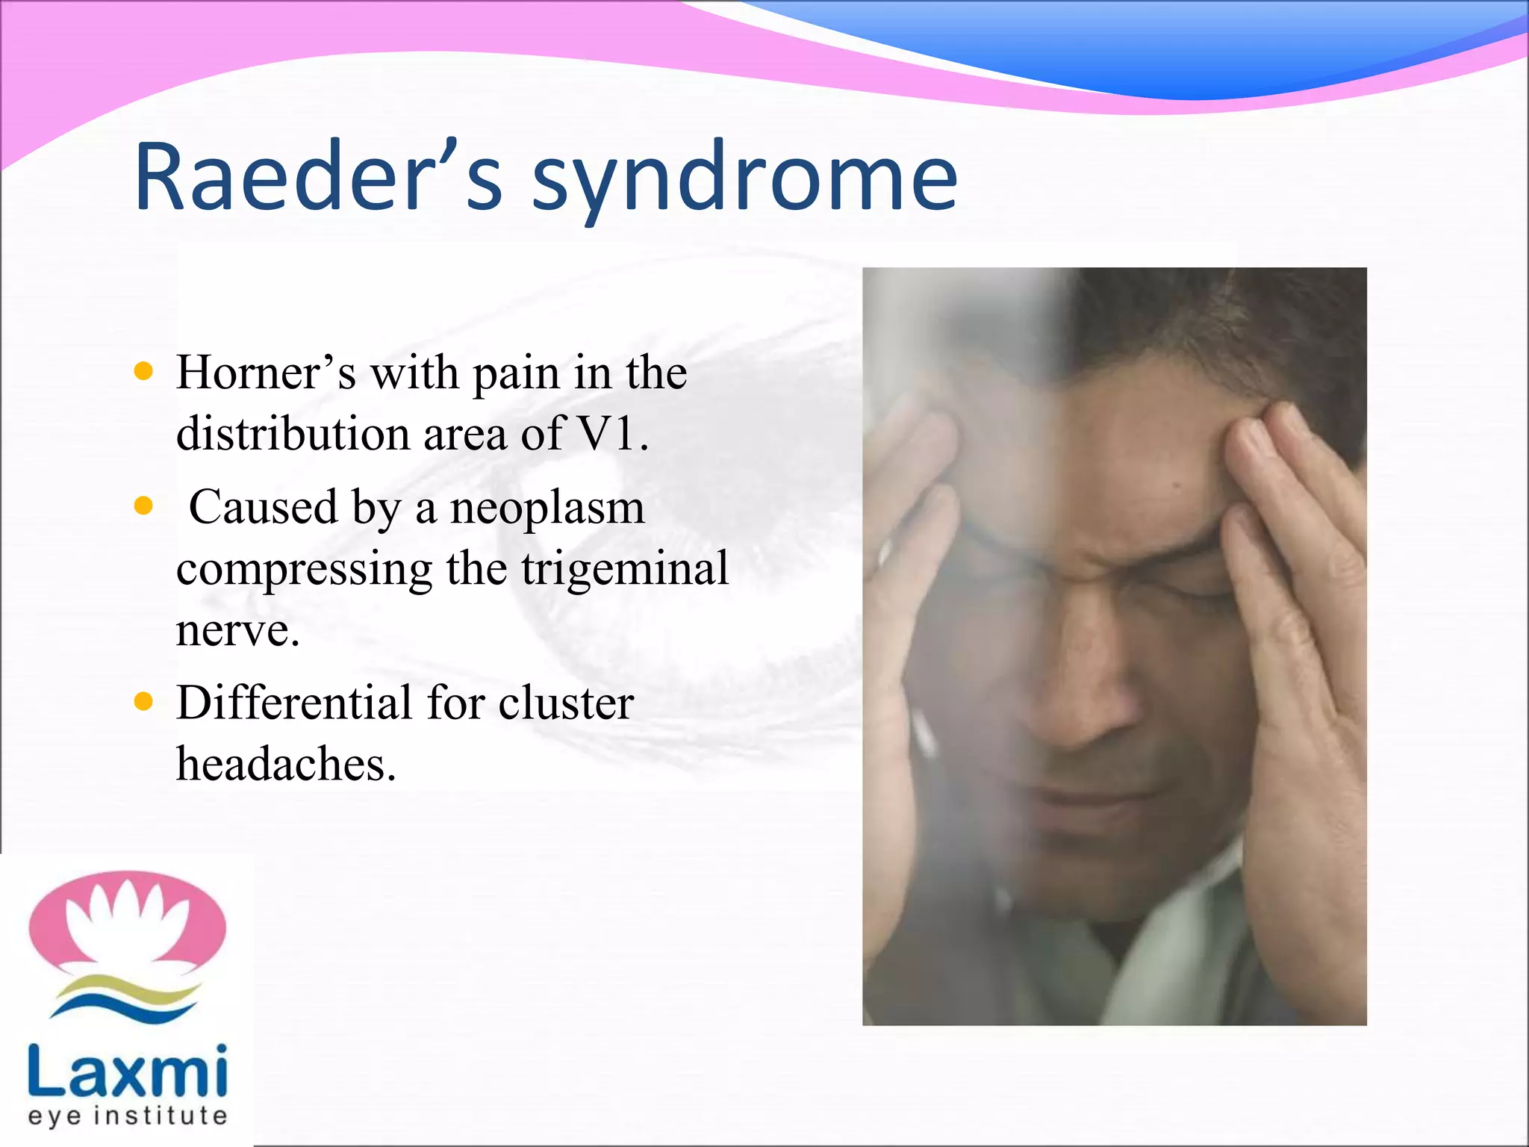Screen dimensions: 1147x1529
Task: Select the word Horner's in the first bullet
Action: point(266,372)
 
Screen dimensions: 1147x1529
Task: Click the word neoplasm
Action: point(547,508)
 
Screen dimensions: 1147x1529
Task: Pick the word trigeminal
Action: point(625,569)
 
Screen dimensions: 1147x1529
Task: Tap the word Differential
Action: point(294,703)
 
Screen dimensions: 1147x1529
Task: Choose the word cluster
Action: point(566,703)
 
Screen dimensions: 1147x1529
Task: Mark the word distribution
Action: point(292,433)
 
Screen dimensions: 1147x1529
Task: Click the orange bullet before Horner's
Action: point(143,371)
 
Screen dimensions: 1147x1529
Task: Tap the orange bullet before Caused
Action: point(143,507)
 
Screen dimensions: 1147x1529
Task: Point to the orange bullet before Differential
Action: point(143,702)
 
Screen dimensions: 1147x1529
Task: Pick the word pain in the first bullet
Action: point(516,373)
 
